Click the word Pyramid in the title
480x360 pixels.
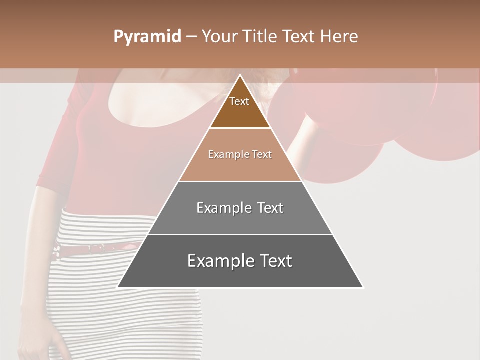tap(147, 37)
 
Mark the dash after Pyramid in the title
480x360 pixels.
tap(191, 37)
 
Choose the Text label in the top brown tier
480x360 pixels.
tap(239, 101)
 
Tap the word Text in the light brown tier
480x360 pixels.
tap(262, 154)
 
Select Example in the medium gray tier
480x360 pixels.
tap(223, 208)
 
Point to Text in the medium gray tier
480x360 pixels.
tap(270, 208)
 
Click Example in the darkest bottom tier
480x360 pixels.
tap(219, 261)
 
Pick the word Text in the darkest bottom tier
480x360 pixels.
tap(274, 261)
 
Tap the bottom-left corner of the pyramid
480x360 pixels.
tap(118, 287)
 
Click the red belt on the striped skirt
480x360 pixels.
tap(100, 248)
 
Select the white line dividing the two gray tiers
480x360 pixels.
tap(240, 234)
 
